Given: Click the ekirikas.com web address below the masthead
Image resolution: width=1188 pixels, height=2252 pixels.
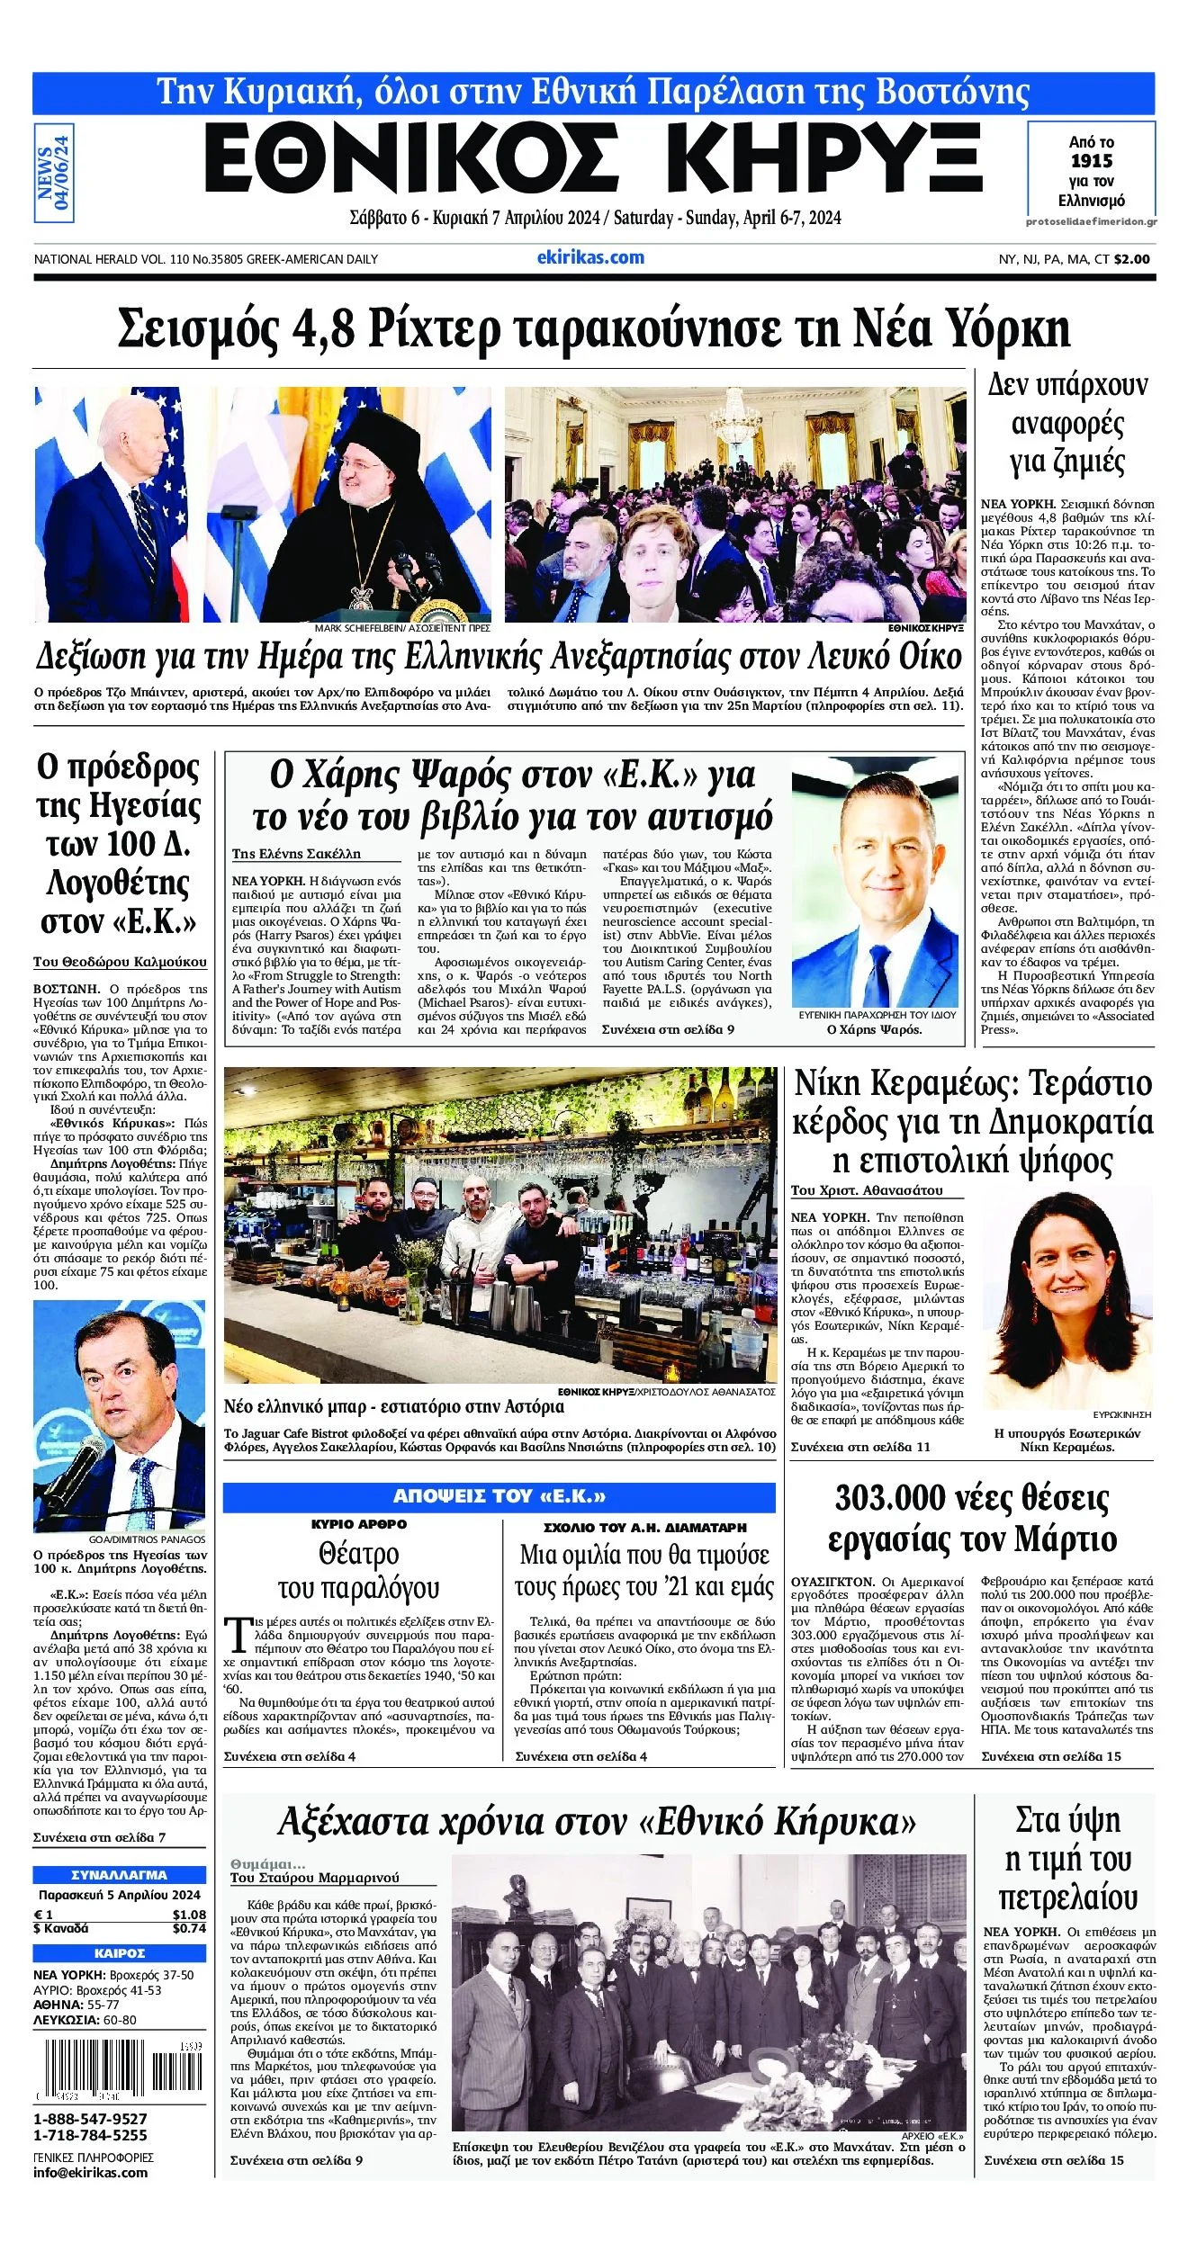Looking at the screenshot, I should coord(590,257).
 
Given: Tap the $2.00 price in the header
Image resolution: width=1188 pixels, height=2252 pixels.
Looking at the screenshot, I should coord(1131,259).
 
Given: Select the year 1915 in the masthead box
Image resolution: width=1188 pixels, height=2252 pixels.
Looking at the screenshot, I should coord(1091,161).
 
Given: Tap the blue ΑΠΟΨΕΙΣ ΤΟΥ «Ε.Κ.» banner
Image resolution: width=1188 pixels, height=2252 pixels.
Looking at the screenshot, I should coord(499,1496).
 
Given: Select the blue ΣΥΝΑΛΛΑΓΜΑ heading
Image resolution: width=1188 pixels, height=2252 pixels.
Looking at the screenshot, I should coord(119,1875).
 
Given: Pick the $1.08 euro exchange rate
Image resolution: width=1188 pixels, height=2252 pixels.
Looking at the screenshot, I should coord(189,1915).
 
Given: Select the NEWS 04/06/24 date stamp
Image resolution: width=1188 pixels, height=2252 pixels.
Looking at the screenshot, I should coord(54,173).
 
